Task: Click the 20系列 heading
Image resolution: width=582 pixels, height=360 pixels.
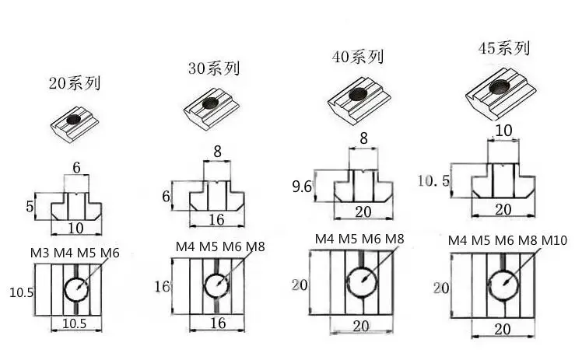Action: point(75,83)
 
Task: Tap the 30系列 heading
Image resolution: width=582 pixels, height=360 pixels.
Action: point(214,68)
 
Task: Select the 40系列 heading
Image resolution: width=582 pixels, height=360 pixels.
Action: point(358,57)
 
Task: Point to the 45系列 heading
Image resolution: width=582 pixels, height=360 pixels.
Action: point(503,48)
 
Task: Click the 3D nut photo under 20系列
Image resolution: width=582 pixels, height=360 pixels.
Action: point(75,124)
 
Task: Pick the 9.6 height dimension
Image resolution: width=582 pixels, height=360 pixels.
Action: point(301,186)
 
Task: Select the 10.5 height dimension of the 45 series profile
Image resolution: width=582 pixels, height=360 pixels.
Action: point(433,181)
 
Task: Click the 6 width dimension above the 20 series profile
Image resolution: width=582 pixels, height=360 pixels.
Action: point(76,168)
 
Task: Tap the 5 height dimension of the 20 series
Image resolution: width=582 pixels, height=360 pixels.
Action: point(30,207)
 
